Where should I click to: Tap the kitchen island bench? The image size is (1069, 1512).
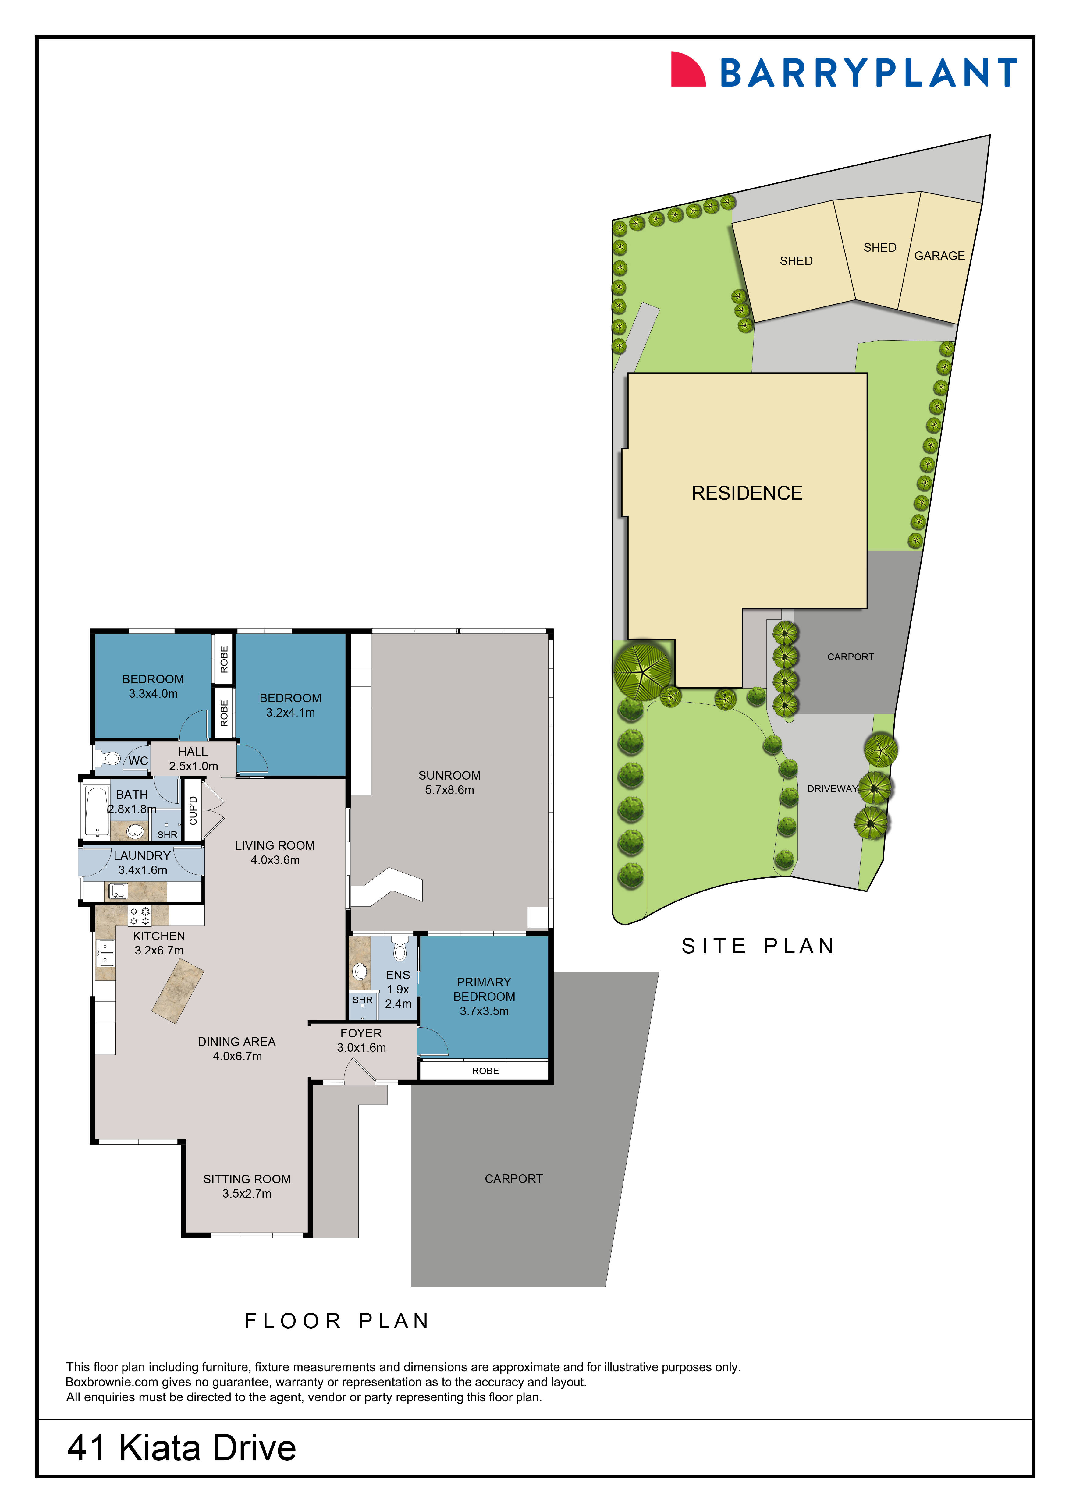[178, 991]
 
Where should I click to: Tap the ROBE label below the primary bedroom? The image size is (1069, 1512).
[485, 1071]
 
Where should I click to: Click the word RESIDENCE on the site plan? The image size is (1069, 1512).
[747, 493]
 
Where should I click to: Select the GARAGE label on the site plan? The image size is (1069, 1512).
[939, 256]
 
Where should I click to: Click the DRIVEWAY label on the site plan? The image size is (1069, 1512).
[833, 789]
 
